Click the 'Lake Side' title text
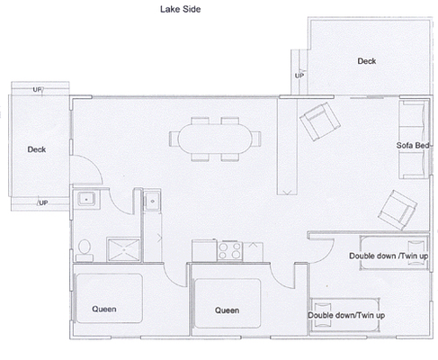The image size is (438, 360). click(180, 9)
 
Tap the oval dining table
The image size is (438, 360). click(215, 139)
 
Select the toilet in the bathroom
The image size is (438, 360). click(85, 250)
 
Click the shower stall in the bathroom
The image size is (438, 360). click(123, 249)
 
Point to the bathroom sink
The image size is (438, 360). click(86, 199)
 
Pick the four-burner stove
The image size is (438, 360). click(230, 251)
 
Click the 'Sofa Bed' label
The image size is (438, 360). click(413, 146)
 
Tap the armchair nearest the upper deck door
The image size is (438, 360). click(320, 121)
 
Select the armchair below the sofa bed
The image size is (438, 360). click(398, 210)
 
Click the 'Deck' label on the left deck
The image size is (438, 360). click(37, 149)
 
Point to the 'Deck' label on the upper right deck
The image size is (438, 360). click(367, 61)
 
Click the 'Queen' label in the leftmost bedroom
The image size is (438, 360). click(104, 309)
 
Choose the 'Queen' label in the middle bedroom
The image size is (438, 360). click(227, 310)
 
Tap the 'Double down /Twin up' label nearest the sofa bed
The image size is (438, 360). click(389, 256)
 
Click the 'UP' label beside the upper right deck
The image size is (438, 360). click(299, 76)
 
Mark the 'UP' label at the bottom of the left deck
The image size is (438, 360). click(43, 202)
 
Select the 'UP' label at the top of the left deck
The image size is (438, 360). click(37, 89)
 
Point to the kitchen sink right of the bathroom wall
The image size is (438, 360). click(152, 201)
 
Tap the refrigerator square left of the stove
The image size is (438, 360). click(204, 250)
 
